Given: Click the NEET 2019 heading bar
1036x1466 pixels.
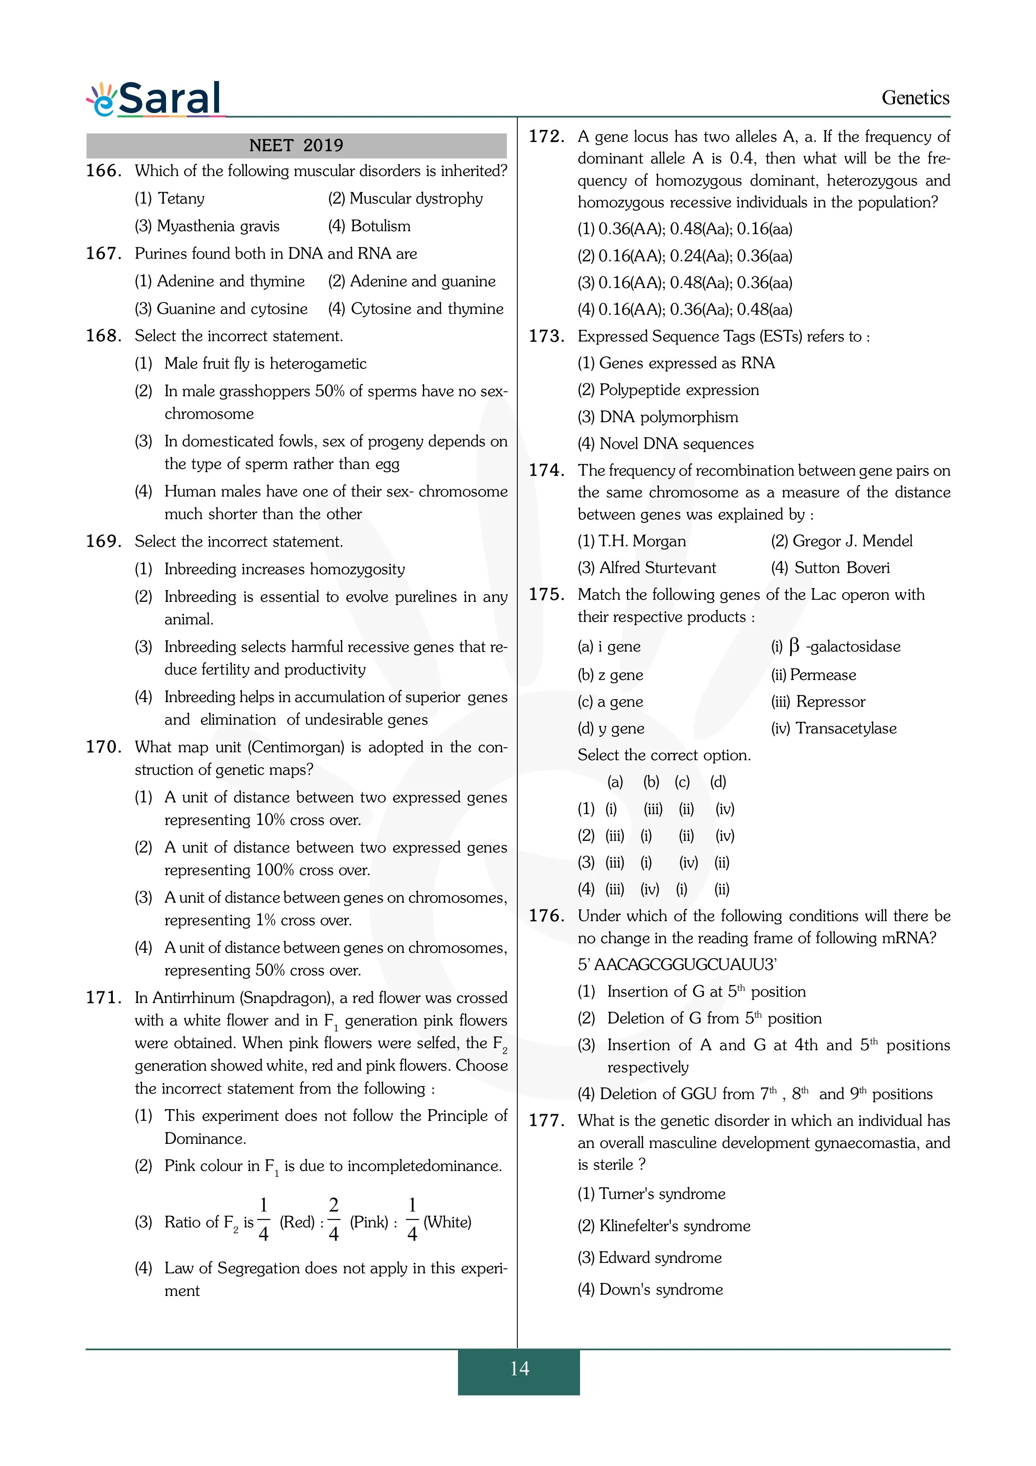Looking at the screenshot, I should [296, 145].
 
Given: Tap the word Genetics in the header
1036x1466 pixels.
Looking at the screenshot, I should [915, 98].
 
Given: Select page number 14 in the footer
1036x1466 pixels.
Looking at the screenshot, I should [519, 1368].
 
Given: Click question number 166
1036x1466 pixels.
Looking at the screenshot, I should [103, 171].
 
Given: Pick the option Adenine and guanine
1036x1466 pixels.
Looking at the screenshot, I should [422, 282].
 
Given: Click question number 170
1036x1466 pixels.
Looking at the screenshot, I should [103, 747].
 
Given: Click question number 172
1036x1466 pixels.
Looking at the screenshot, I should [546, 137].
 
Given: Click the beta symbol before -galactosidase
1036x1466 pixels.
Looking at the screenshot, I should [794, 646].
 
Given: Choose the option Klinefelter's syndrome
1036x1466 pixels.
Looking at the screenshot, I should [674, 1226].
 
